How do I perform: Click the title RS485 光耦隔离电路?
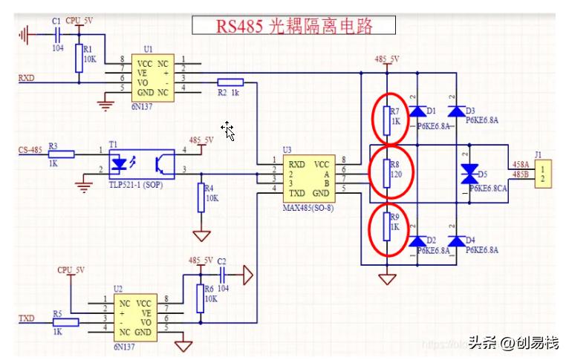tap(294, 26)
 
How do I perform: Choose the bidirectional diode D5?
tap(469, 174)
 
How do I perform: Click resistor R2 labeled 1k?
tap(230, 82)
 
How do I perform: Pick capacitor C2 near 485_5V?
tap(221, 275)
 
